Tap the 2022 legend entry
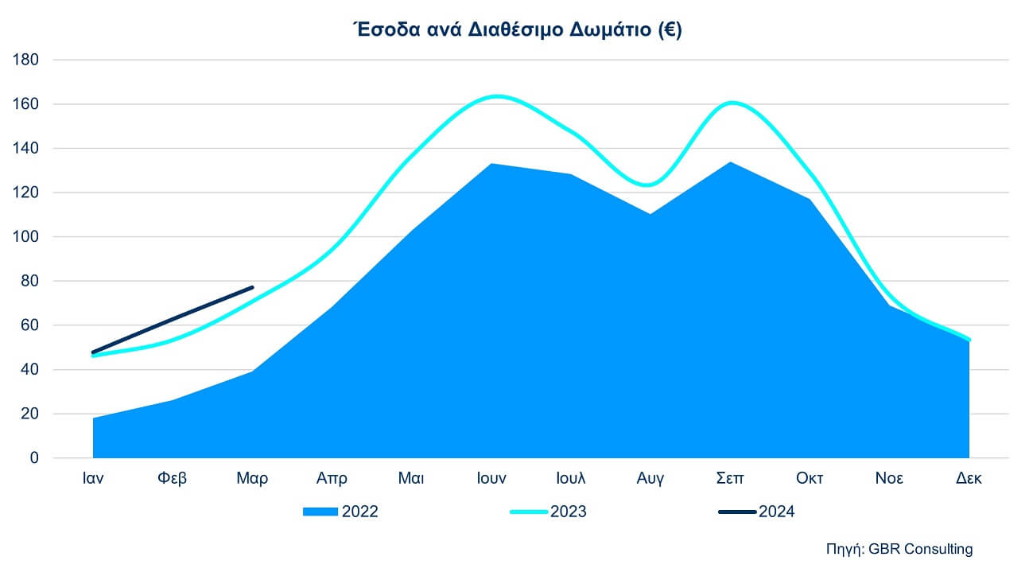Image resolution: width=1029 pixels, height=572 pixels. pyautogui.click(x=340, y=512)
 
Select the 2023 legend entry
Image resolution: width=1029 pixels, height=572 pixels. pyautogui.click(x=548, y=512)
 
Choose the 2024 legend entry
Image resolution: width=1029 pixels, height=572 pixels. pyautogui.click(x=756, y=512)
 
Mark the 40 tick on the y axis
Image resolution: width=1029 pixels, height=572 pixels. pyautogui.click(x=28, y=370)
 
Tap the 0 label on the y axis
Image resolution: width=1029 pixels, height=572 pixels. pyautogui.click(x=33, y=458)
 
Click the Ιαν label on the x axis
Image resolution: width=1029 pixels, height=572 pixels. pyautogui.click(x=93, y=478)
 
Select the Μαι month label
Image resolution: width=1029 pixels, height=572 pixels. pyautogui.click(x=411, y=478)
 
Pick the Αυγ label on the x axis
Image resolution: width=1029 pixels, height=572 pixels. pyautogui.click(x=650, y=478)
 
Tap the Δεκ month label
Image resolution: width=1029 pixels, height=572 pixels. pyautogui.click(x=969, y=478)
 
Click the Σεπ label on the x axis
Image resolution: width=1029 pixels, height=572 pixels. pyautogui.click(x=730, y=478)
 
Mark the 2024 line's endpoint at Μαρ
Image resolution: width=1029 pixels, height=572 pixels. pyautogui.click(x=252, y=287)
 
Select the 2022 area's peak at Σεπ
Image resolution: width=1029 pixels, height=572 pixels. pyautogui.click(x=730, y=162)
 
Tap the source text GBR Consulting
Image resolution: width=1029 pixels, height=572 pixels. pyautogui.click(x=899, y=549)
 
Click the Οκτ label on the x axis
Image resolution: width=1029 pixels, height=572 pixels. pyautogui.click(x=810, y=478)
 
